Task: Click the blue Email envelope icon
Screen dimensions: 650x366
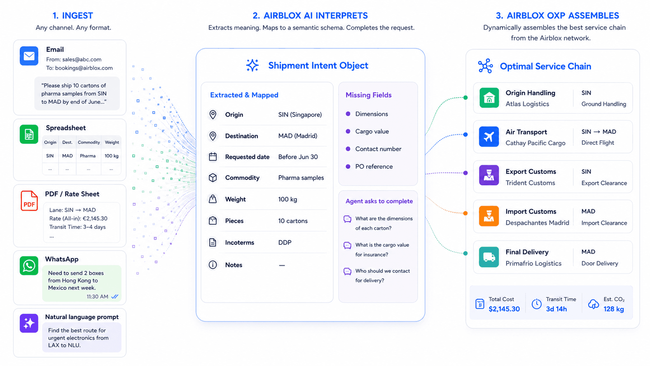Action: tap(29, 56)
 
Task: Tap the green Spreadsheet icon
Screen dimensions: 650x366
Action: tap(29, 134)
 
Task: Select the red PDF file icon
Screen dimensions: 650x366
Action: tap(29, 201)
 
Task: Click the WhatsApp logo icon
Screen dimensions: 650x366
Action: tap(29, 266)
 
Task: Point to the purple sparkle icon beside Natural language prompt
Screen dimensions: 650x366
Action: tap(29, 323)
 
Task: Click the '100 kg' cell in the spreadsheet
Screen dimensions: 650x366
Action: tap(112, 156)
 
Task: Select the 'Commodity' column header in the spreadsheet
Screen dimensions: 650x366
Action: tap(89, 142)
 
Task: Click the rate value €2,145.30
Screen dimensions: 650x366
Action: tap(91, 218)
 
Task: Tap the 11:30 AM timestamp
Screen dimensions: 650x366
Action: tap(97, 297)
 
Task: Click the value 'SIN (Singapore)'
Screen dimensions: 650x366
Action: tap(300, 115)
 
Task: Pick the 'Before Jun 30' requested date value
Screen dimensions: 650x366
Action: tap(298, 157)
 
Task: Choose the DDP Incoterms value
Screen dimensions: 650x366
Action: tap(285, 242)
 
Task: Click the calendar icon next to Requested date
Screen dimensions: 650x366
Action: tap(213, 157)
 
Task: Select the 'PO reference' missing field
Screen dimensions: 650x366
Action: tap(374, 166)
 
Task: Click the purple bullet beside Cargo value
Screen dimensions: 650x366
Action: tap(348, 131)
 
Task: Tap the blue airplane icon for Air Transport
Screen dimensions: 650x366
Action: tap(489, 137)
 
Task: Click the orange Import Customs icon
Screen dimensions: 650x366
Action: tap(489, 216)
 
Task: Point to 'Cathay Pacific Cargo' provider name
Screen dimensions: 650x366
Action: tap(535, 143)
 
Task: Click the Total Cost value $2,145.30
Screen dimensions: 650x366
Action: tap(504, 309)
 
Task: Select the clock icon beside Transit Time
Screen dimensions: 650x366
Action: tap(536, 304)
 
